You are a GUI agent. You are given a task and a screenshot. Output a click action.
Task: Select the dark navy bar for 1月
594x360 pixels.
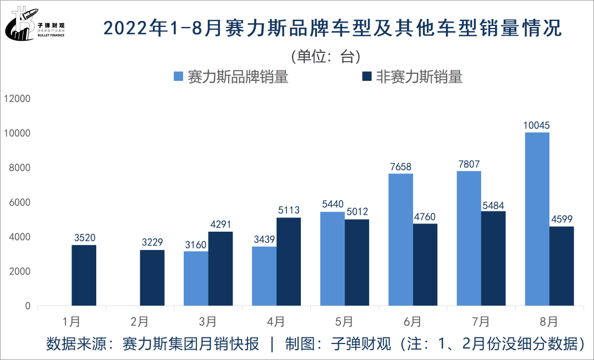click(84, 275)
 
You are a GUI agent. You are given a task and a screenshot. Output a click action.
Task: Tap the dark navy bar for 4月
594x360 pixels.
click(289, 261)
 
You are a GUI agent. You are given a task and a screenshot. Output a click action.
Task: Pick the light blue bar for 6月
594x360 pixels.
click(401, 239)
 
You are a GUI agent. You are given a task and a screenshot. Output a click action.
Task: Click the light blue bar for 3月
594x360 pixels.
click(196, 279)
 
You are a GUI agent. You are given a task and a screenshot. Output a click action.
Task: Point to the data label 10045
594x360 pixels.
click(537, 126)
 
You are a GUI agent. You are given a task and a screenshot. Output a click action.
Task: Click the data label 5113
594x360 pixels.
click(289, 210)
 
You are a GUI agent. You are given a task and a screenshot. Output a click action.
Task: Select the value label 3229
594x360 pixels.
click(152, 243)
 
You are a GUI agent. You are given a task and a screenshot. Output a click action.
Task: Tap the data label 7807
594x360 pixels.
click(469, 163)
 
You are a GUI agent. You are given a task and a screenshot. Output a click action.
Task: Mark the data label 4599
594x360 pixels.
click(562, 219)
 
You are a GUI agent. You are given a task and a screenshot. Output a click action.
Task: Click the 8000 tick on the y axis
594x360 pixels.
click(19, 168)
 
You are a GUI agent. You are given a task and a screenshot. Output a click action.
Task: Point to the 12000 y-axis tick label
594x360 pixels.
click(16, 99)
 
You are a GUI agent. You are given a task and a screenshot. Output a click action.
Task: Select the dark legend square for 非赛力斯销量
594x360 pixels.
click(367, 77)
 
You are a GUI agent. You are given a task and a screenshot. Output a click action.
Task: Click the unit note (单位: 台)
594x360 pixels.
click(325, 56)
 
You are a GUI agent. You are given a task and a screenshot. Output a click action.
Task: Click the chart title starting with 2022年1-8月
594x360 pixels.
click(332, 28)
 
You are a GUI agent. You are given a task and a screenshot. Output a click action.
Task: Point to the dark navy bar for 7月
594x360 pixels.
click(493, 258)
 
